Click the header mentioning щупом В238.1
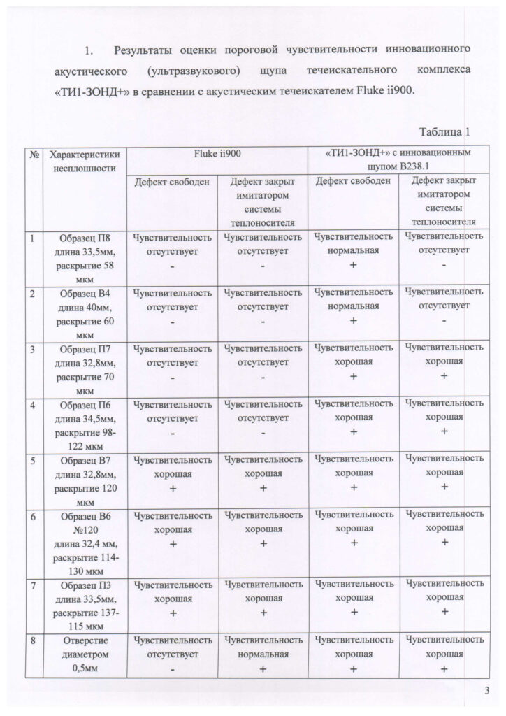tap(398, 160)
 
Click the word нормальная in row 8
tap(263, 654)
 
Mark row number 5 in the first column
tap(34, 460)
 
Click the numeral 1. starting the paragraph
tap(89, 50)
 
